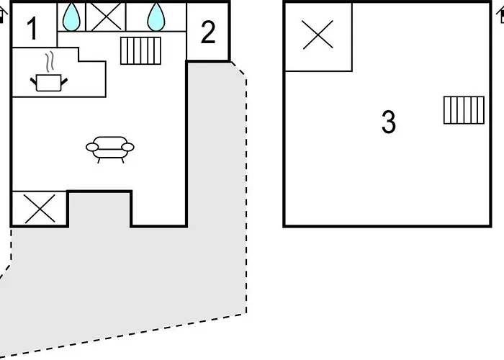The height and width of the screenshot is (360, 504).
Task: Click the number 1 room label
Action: click(32, 29)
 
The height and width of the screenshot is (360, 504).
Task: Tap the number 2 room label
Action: click(208, 32)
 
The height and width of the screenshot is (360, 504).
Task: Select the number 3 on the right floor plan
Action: click(389, 122)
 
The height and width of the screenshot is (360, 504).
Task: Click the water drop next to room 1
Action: click(71, 17)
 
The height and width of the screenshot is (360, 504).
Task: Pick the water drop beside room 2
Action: click(156, 17)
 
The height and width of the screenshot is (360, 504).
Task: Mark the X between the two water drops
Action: click(106, 17)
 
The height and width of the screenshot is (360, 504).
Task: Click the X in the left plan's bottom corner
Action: click(40, 209)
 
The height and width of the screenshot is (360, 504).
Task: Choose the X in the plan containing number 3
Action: click(318, 35)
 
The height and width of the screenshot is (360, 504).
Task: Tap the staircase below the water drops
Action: click(140, 51)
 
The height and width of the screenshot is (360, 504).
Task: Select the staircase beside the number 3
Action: click(464, 110)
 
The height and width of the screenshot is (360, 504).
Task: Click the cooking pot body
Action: click(49, 83)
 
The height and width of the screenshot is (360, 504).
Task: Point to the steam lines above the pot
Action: click(49, 62)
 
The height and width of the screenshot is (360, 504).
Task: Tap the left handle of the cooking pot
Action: click(33, 81)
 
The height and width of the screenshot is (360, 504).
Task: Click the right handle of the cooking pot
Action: click(64, 81)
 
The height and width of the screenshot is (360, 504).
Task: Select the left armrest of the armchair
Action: click(92, 147)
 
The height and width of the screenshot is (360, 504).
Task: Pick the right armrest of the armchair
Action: click(127, 147)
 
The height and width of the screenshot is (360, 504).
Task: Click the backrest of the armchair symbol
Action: click(110, 141)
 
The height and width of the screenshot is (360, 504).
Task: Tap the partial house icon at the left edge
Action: click(3, 15)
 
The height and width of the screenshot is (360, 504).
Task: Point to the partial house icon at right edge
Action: click(500, 15)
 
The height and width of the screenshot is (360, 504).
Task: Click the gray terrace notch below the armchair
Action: click(99, 210)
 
